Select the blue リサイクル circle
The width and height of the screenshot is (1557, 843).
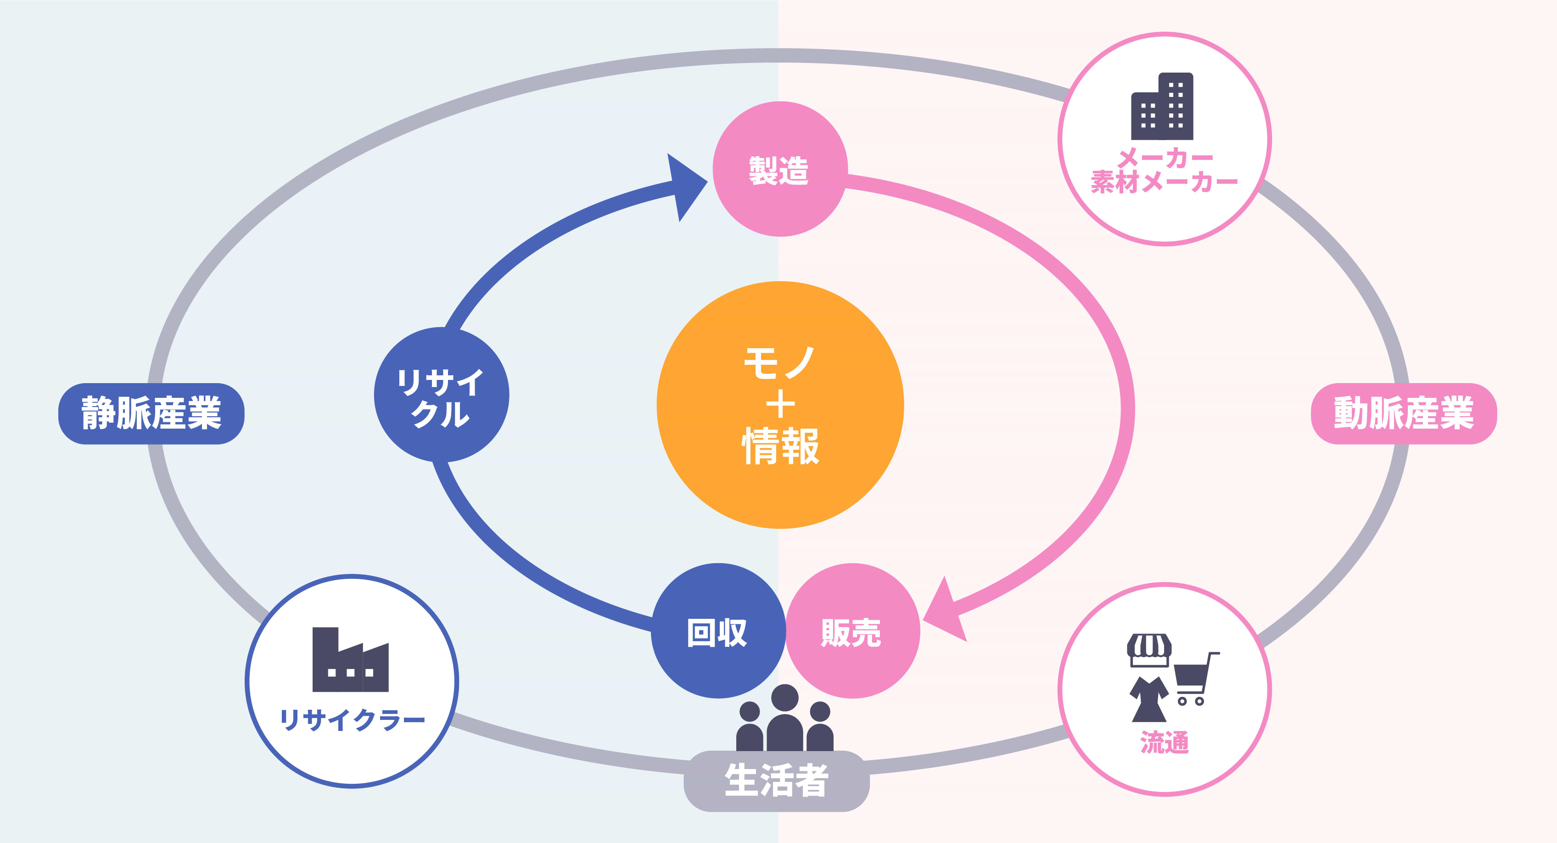pos(441,395)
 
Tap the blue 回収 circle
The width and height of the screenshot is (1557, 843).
pos(718,631)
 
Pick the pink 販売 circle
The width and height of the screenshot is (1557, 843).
pos(852,631)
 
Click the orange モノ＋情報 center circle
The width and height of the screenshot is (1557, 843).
pos(780,405)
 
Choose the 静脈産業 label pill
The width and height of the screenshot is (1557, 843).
pos(151,413)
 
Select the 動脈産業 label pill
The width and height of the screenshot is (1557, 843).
pos(1404,413)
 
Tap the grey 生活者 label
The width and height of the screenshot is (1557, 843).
pos(776,781)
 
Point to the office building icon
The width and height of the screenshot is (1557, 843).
pos(1162,107)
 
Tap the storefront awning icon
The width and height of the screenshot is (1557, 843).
pos(1149,648)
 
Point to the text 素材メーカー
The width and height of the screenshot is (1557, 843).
pos(1164,182)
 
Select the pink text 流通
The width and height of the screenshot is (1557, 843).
pos(1164,742)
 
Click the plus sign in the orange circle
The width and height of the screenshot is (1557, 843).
pos(780,404)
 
